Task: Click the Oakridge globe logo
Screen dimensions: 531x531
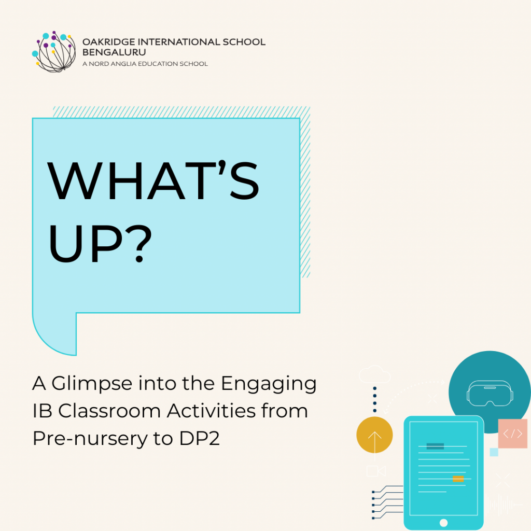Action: pyautogui.click(x=54, y=51)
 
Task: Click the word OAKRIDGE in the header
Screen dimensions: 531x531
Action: pyautogui.click(x=109, y=42)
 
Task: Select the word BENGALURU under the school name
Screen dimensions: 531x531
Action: pyautogui.click(x=114, y=52)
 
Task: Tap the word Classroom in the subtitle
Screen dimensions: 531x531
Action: pyautogui.click(x=109, y=411)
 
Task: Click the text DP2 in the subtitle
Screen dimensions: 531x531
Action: pyautogui.click(x=200, y=438)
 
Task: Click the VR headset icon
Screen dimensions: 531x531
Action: pyautogui.click(x=490, y=393)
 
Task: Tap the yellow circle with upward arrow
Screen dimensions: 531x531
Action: pyautogui.click(x=374, y=435)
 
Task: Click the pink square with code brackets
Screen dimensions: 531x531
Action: pyautogui.click(x=513, y=434)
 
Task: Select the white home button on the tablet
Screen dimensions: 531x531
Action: pyautogui.click(x=443, y=523)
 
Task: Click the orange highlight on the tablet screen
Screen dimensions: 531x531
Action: pyautogui.click(x=458, y=479)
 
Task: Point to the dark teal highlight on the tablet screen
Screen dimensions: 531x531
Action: pyautogui.click(x=435, y=446)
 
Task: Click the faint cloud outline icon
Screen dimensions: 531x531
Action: pyautogui.click(x=374, y=374)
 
